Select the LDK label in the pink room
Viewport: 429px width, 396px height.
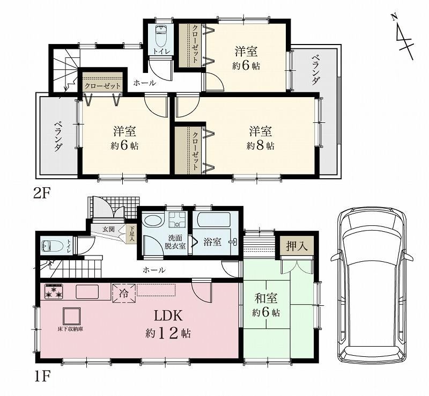point(168,316)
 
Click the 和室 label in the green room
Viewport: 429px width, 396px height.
point(266,298)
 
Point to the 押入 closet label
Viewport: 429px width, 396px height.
point(297,246)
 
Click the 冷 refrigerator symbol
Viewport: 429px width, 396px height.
point(123,294)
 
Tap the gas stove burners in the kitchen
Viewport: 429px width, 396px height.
point(54,292)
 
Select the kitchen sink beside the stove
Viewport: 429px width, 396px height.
point(87,292)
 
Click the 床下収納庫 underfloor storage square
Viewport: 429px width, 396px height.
point(72,316)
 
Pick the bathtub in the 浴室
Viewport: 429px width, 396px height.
point(213,219)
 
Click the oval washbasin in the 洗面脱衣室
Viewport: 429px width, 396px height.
point(153,220)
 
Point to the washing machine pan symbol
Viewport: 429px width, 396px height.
point(177,219)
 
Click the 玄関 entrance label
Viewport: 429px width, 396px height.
point(108,229)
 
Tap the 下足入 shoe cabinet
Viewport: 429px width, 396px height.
point(132,234)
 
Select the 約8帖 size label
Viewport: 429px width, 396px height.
point(260,146)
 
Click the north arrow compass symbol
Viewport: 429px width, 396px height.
point(403,36)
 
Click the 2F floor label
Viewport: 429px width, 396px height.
point(42,194)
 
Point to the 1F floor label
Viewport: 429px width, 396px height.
point(42,378)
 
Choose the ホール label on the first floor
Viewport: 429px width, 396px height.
point(154,270)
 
